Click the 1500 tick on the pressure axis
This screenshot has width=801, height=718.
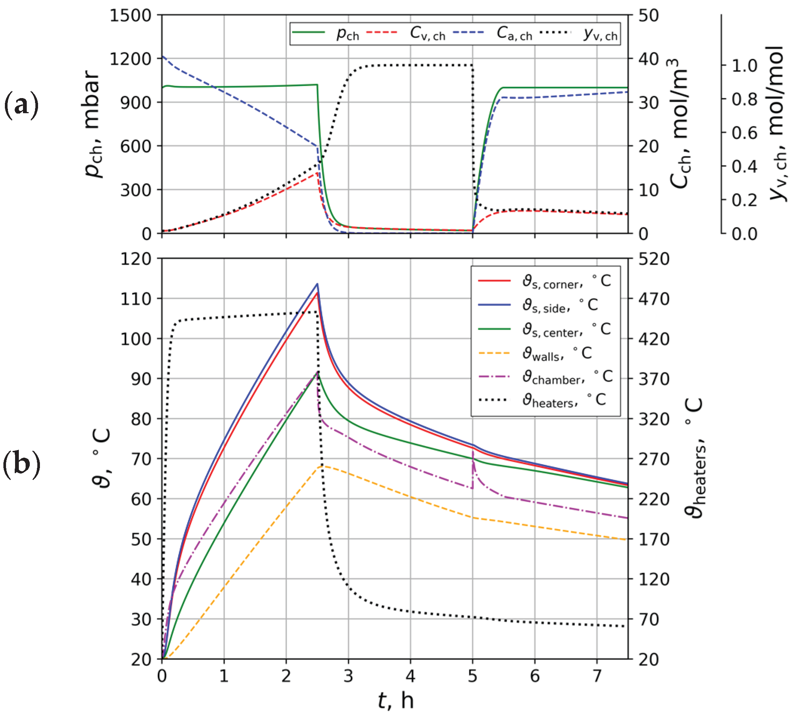tap(130, 16)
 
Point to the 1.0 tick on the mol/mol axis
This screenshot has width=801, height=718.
tap(744, 66)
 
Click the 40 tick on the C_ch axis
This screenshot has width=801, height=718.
tap(648, 59)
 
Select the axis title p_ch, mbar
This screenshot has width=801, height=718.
tap(93, 124)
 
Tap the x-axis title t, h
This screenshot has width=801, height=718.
tap(396, 701)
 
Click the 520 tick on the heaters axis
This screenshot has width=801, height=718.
tap(654, 259)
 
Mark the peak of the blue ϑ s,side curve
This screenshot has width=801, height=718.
tap(317, 284)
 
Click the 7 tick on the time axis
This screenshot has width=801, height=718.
tap(597, 676)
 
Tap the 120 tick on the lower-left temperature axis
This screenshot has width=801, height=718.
tap(136, 259)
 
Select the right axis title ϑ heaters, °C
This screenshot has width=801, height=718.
tap(694, 458)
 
